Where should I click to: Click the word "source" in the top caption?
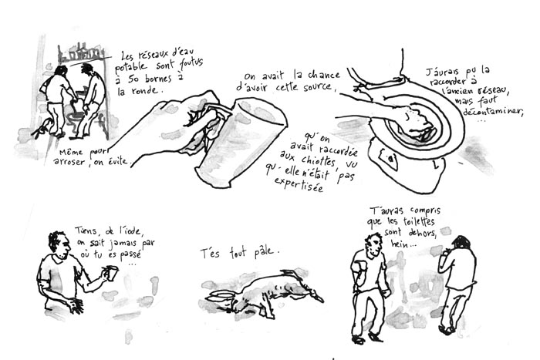(x=317, y=89)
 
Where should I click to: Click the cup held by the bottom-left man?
(x=112, y=273)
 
